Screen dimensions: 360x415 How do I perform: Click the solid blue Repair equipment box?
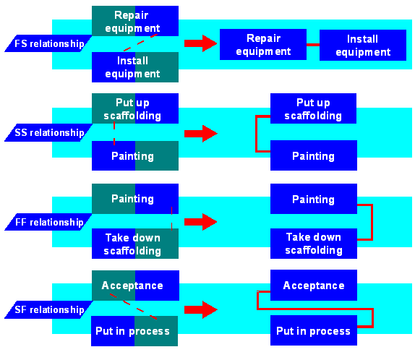262,44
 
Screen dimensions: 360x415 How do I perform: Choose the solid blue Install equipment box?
362,45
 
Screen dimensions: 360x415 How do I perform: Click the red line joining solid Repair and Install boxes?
312,45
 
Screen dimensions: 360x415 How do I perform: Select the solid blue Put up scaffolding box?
313,108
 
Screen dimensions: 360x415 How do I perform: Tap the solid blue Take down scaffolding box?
313,244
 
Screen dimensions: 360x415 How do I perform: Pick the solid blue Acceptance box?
313,286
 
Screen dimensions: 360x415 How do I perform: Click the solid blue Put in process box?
313,331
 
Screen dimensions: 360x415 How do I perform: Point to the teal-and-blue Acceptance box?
134,285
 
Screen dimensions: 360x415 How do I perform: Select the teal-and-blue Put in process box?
134,331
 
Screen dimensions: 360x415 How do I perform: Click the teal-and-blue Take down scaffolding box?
134,244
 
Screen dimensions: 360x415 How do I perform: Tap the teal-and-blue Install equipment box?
134,67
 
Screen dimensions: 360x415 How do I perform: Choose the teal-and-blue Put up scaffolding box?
134,108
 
